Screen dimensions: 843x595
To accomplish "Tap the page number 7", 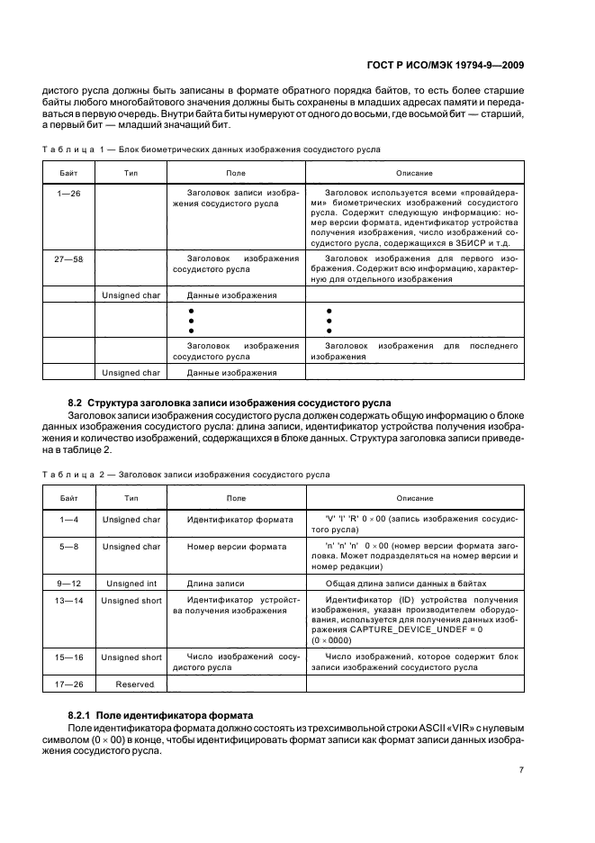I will [521, 769].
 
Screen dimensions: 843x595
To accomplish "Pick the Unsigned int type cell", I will [131, 583].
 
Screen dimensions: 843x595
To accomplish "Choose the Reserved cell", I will [131, 684].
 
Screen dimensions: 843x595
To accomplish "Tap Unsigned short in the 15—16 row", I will [131, 657].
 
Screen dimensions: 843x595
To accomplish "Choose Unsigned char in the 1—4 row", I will [131, 520].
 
